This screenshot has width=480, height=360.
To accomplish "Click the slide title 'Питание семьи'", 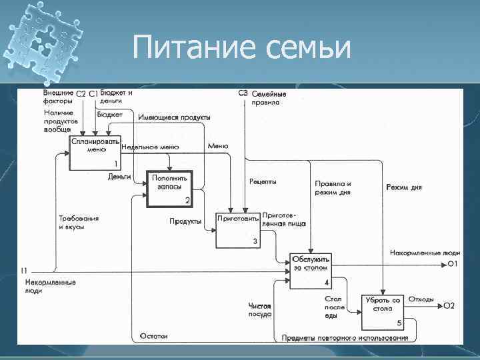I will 241,48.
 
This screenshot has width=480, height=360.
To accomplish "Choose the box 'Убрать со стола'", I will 383,312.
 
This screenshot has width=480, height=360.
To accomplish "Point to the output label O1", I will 451,265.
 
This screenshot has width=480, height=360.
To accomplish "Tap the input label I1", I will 24,271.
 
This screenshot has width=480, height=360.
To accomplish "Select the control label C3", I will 243,93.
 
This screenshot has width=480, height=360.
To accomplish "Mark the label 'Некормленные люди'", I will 50,286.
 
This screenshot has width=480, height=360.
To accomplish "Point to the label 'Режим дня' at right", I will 404,187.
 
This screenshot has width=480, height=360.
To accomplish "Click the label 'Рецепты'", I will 263,181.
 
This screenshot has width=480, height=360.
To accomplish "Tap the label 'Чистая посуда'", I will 260,309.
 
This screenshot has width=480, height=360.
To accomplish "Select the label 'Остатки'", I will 153,336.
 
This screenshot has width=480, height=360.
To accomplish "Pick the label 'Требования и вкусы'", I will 79,222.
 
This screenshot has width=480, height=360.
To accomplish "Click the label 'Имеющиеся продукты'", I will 174,117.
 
